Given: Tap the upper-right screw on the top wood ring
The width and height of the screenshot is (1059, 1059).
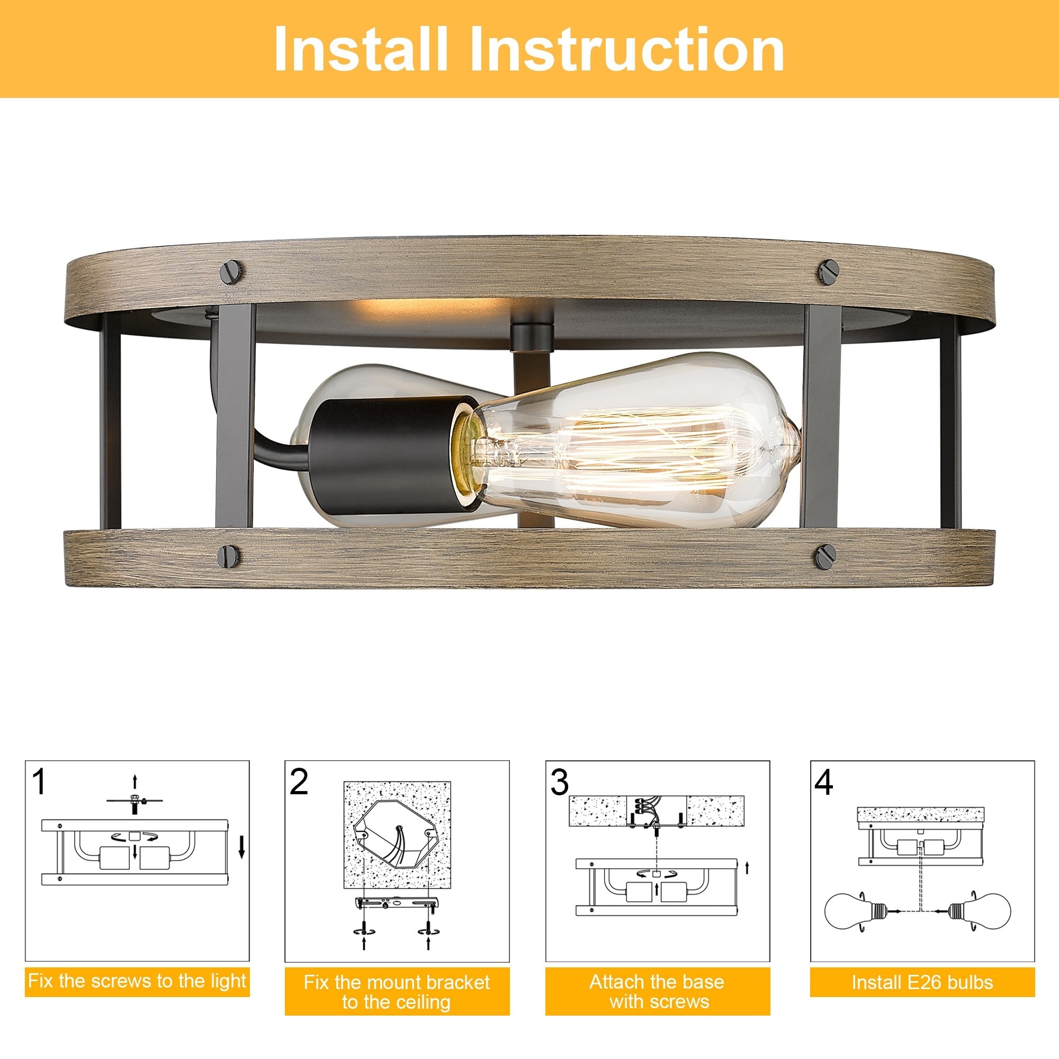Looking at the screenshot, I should [829, 272].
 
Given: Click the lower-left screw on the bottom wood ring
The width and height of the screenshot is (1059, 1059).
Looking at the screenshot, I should [229, 557].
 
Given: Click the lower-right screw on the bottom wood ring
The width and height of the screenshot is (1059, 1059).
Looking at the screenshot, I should [825, 557].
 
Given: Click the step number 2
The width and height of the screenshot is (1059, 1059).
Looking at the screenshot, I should [299, 782].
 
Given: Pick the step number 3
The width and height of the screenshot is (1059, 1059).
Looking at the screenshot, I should [560, 782].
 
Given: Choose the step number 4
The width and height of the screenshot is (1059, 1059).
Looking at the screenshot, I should [823, 782].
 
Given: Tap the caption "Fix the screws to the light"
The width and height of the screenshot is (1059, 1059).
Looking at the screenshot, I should [137, 981].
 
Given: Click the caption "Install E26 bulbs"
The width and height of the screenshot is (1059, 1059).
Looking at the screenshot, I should [922, 982].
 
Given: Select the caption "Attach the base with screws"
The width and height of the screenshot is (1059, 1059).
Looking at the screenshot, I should [657, 992].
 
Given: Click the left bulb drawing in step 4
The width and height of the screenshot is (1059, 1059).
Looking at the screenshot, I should [847, 912].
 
